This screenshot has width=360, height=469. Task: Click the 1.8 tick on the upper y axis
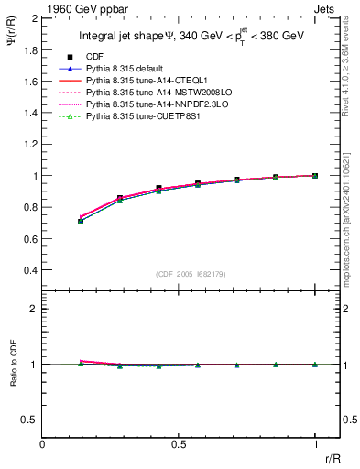click(28, 49)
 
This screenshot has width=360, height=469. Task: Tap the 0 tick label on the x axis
click(43, 443)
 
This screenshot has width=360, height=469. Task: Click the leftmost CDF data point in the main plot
click(82, 221)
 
